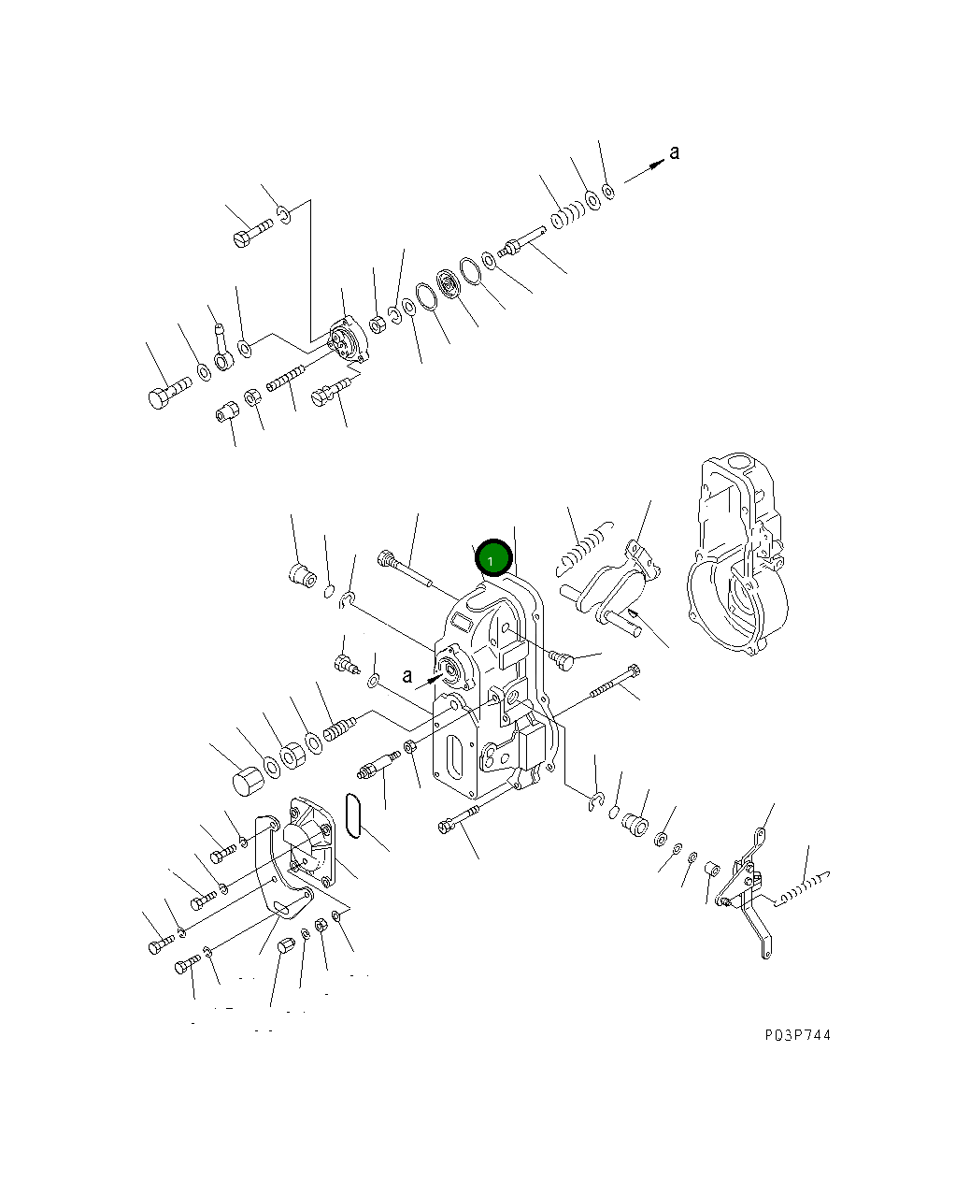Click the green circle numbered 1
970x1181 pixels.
point(493,557)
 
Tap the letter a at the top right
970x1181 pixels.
point(675,152)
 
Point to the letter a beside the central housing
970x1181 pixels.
point(407,676)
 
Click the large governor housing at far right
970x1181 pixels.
point(736,554)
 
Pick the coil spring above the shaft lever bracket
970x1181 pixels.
point(584,549)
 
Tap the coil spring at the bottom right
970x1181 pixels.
point(802,888)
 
